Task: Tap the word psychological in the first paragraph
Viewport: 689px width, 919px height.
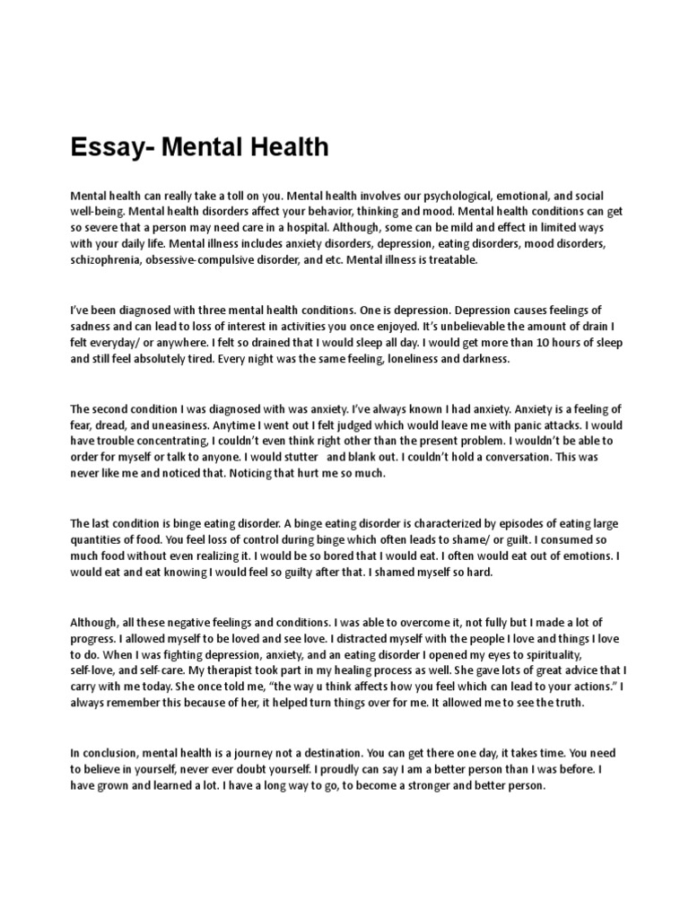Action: point(415,196)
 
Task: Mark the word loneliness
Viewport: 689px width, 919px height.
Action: point(388,359)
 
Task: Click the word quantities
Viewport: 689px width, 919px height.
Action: point(101,539)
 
